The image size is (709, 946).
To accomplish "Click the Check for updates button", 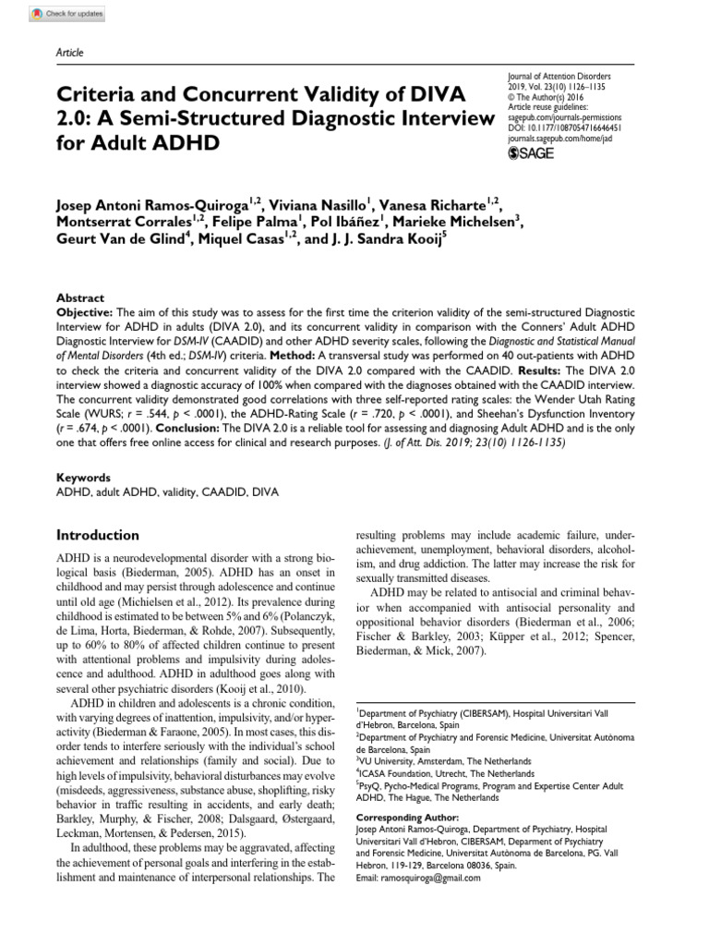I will [x=67, y=14].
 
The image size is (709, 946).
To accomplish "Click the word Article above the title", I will [x=70, y=53].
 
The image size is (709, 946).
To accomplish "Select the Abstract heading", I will [x=80, y=298].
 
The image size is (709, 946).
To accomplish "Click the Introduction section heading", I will [x=99, y=535].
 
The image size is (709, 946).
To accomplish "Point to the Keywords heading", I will [x=84, y=478].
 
